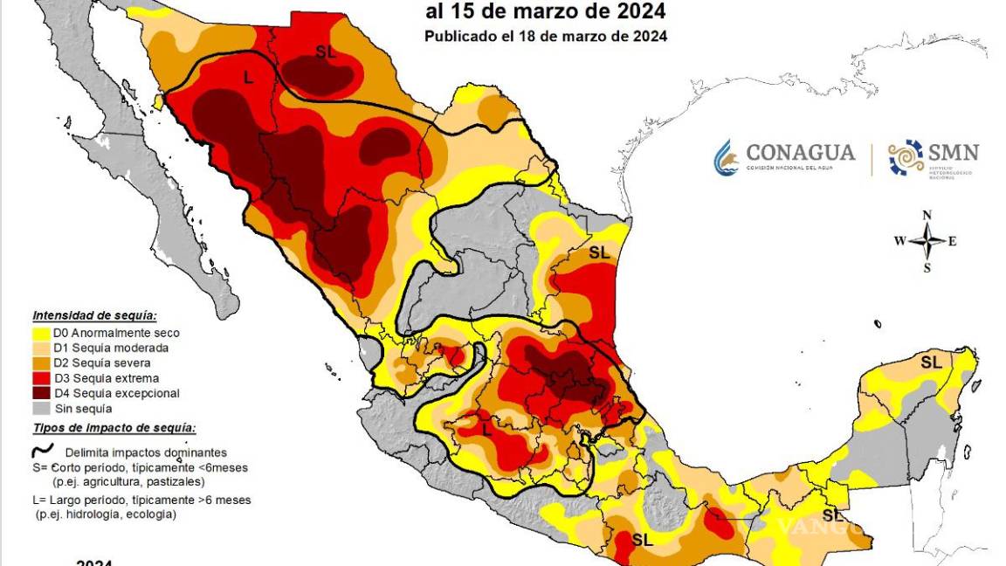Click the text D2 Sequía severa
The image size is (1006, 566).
(x=101, y=362)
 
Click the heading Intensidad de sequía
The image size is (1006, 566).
(x=94, y=315)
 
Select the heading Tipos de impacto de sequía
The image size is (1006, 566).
(x=114, y=428)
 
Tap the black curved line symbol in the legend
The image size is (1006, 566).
(x=42, y=452)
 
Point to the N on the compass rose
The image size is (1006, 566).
(x=927, y=215)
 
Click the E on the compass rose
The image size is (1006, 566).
(x=953, y=242)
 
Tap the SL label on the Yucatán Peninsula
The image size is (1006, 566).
(x=931, y=361)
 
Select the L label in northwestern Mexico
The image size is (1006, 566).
(x=249, y=78)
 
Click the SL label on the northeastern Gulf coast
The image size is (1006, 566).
(x=599, y=252)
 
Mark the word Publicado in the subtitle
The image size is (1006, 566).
(x=460, y=36)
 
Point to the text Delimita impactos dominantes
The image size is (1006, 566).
(x=146, y=452)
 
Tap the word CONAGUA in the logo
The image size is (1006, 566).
(x=801, y=152)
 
